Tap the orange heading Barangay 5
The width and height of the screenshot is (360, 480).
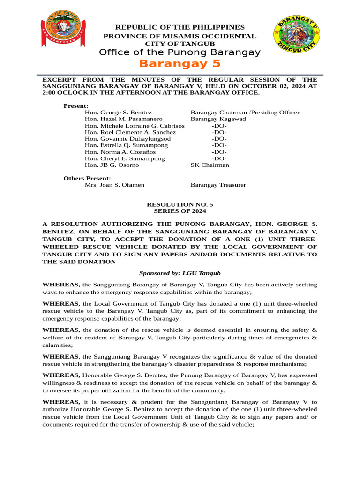[x=180, y=64]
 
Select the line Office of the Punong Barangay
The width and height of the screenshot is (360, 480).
[x=180, y=52]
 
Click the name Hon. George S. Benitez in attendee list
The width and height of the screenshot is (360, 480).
[x=118, y=112]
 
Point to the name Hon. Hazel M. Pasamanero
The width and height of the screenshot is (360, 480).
[x=123, y=119]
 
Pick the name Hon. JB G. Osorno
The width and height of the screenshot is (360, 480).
[x=112, y=165]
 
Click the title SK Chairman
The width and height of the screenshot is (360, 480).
[x=210, y=165]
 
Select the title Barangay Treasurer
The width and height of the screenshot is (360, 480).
[x=218, y=185]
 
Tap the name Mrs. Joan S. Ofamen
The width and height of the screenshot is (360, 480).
[x=114, y=185]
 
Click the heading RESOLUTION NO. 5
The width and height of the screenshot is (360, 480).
[x=180, y=204]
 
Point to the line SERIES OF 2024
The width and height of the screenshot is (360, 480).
[x=180, y=211]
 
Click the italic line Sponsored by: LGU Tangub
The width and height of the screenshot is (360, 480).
[x=180, y=273]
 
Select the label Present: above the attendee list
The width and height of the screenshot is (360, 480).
[x=76, y=106]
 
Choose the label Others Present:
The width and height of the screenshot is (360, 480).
[x=87, y=178]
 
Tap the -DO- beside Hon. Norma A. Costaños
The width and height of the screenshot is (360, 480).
[x=219, y=152]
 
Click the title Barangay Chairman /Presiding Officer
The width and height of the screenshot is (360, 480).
[x=245, y=112]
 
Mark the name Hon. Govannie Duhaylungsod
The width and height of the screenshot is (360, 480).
[x=127, y=139]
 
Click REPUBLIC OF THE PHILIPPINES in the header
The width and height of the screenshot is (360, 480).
[x=180, y=27]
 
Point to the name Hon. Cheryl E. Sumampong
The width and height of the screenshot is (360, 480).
[x=125, y=158]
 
